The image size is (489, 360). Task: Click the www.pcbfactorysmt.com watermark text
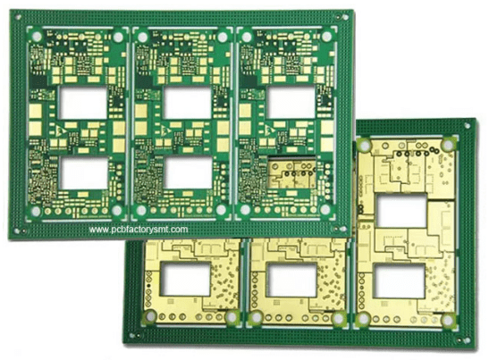pyautogui.click(x=139, y=230)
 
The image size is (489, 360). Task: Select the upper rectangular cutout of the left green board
pyautogui.click(x=83, y=103)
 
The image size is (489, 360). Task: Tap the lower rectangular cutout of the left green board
pyautogui.click(x=83, y=173)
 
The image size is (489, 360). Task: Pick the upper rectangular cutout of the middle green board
pyautogui.click(x=187, y=103)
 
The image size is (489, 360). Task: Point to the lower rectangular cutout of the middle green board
pyautogui.click(x=188, y=172)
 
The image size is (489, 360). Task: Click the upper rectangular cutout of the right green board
pyautogui.click(x=291, y=102)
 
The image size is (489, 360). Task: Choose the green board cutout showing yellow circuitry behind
pyautogui.click(x=292, y=172)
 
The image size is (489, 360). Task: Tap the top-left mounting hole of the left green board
pyautogui.click(x=37, y=37)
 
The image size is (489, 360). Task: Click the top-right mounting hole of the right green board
pyautogui.click(x=326, y=37)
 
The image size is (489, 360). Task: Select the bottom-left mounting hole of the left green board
pyautogui.click(x=36, y=212)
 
